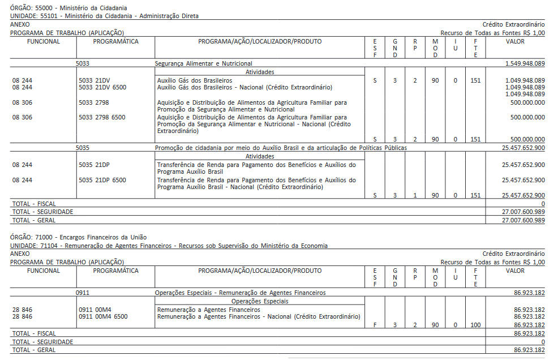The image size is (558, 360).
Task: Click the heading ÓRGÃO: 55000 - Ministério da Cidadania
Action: coord(68,7)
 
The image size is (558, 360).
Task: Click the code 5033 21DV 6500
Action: coord(102,88)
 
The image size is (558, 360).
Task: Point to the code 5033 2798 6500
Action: coord(102,118)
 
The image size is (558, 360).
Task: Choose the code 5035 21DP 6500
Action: coord(102,181)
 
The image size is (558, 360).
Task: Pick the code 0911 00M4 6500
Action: coord(103,317)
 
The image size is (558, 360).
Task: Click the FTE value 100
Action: coord(475,325)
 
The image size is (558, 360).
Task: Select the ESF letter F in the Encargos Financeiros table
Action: coord(375,325)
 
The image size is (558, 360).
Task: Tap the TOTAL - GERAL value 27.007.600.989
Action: coord(523,220)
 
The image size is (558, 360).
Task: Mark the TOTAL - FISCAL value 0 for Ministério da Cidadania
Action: coord(543,204)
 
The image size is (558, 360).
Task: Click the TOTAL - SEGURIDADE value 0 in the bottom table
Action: coord(543,342)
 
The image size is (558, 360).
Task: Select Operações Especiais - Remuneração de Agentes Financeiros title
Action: coord(241,293)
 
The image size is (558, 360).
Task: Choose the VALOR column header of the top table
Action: coord(515,41)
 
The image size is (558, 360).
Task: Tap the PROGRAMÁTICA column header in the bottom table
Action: coord(115,271)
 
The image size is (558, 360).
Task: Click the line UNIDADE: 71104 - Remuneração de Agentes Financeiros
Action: coord(169,246)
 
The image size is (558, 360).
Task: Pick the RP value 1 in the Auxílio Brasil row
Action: coord(415,195)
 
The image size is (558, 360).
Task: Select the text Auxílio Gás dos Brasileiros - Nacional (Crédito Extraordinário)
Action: coord(244,88)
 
